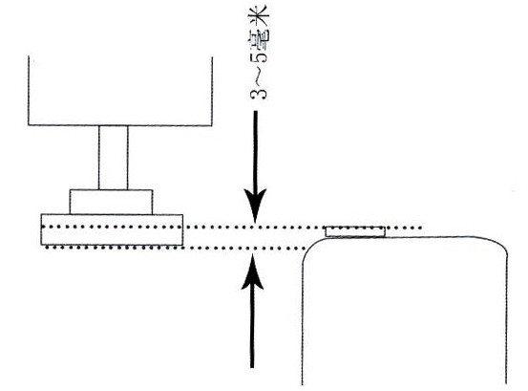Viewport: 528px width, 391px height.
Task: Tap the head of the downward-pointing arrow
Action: (x=255, y=205)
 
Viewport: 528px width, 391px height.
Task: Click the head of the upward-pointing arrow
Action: (x=253, y=272)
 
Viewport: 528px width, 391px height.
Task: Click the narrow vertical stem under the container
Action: (x=114, y=158)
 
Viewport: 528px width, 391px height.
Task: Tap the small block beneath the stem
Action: (x=111, y=202)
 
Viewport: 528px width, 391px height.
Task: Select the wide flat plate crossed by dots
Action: (x=112, y=229)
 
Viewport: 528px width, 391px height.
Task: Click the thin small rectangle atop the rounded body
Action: (x=355, y=231)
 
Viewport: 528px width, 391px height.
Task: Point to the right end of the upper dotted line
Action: (x=420, y=228)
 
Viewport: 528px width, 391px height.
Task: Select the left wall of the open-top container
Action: (x=29, y=90)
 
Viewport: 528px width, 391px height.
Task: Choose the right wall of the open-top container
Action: (x=212, y=91)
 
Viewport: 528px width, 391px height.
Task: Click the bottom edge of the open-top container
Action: (x=120, y=125)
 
